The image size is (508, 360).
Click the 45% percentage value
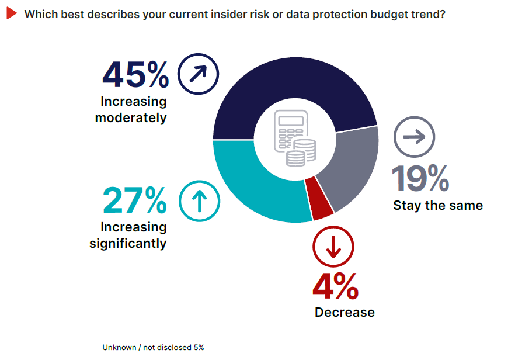(135, 75)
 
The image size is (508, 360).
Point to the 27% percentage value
(135, 200)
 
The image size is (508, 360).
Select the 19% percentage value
(420, 179)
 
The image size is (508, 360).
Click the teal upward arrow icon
(199, 201)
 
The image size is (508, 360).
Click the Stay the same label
(438, 205)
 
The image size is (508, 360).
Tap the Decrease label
(345, 312)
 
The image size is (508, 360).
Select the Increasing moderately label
(133, 109)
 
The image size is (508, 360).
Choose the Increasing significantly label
(128, 235)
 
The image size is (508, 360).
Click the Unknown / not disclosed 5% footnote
(153, 347)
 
